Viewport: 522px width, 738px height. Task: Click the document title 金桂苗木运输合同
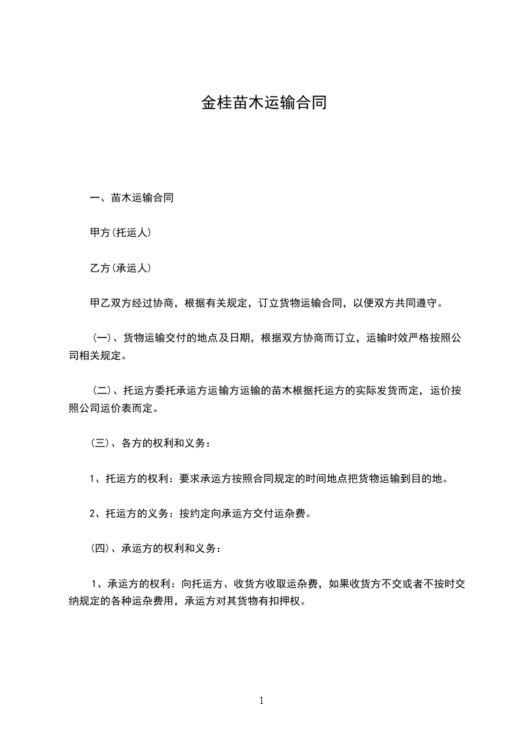(x=263, y=104)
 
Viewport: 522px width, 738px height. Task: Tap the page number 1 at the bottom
(x=261, y=701)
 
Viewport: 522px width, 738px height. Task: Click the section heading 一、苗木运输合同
(x=132, y=197)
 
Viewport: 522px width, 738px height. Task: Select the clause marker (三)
(x=101, y=443)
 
